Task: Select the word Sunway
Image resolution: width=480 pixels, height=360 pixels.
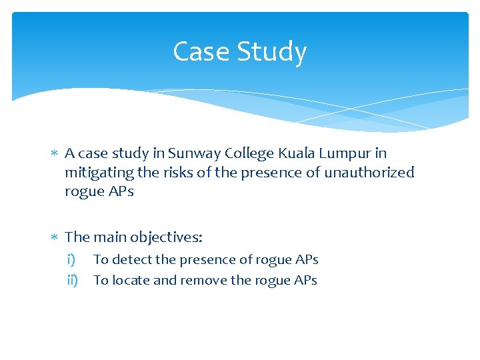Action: click(x=193, y=153)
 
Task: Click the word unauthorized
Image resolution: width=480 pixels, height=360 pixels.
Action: click(x=369, y=173)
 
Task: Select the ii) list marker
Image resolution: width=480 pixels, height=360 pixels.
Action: click(x=72, y=280)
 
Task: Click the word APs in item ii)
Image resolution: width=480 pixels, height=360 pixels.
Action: click(x=305, y=280)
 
